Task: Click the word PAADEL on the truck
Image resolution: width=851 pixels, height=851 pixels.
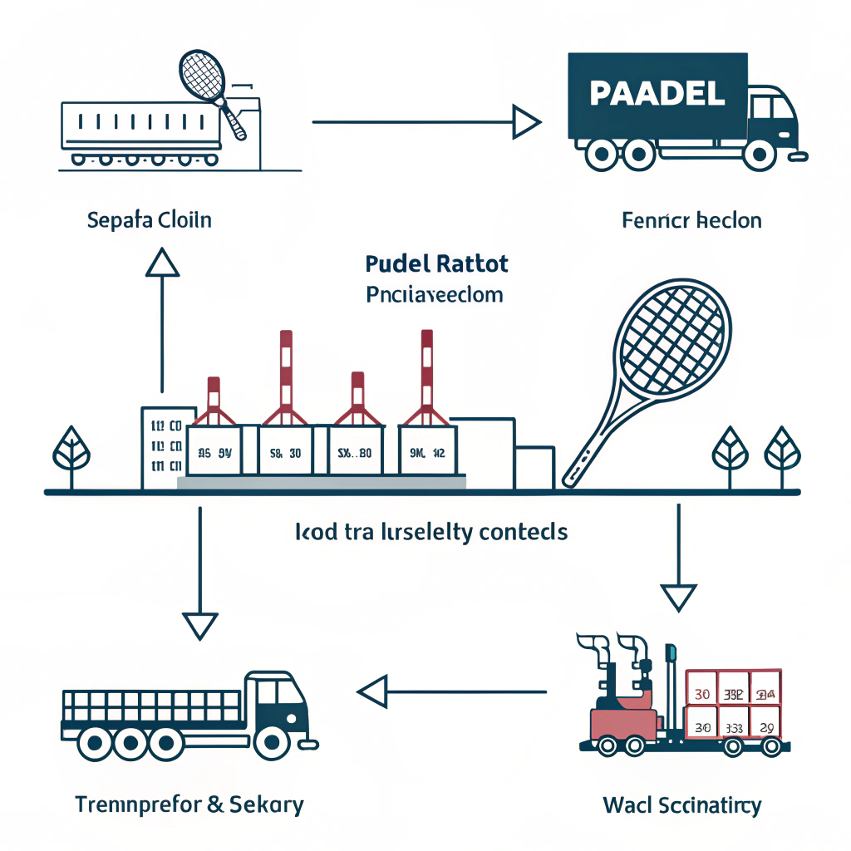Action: click(656, 93)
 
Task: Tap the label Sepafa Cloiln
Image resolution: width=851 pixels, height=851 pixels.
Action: click(149, 220)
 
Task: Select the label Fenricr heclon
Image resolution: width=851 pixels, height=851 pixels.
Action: click(691, 221)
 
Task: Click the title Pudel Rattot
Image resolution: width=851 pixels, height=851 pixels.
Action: click(437, 264)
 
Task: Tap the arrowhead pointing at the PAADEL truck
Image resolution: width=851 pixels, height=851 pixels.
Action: click(526, 122)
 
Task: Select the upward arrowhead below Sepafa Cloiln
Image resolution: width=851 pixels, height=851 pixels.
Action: click(162, 264)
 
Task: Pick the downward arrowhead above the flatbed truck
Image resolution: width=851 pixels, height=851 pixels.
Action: click(200, 624)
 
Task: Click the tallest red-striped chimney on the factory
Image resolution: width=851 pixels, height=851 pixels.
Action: click(426, 370)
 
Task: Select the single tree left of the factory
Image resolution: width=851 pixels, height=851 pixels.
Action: click(68, 453)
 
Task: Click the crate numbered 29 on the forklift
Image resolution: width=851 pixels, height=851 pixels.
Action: click(765, 727)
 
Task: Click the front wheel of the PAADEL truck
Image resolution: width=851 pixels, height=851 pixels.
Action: click(760, 155)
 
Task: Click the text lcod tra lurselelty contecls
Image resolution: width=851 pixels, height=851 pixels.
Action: click(431, 532)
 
